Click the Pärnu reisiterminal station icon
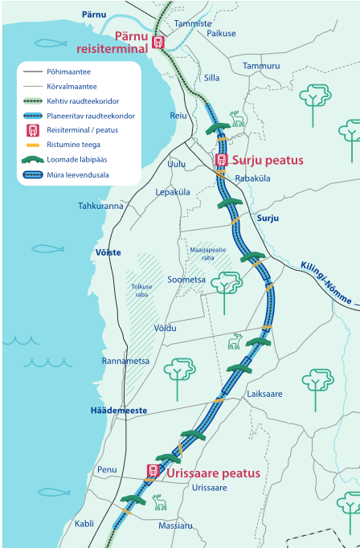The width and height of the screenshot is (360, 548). pyautogui.click(x=158, y=43)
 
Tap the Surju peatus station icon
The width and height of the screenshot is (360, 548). pyautogui.click(x=222, y=160)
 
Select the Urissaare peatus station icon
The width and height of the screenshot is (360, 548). pyautogui.click(x=153, y=471)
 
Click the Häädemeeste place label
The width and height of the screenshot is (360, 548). pyautogui.click(x=119, y=411)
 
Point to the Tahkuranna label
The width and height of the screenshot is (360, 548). pyautogui.click(x=100, y=206)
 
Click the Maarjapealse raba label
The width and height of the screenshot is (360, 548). pyautogui.click(x=208, y=254)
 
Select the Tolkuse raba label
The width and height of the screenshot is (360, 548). pyautogui.click(x=141, y=290)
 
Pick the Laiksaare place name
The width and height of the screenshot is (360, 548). pyautogui.click(x=264, y=394)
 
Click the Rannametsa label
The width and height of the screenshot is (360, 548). pyautogui.click(x=125, y=361)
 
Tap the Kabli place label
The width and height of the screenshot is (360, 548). pyautogui.click(x=84, y=524)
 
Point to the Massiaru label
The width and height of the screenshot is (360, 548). pyautogui.click(x=175, y=526)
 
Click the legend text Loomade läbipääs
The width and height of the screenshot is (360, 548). pyautogui.click(x=77, y=160)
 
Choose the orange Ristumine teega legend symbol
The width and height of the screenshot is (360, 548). pyautogui.click(x=33, y=145)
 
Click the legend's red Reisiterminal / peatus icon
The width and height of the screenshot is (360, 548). pyautogui.click(x=33, y=130)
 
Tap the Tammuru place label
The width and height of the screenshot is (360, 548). pyautogui.click(x=261, y=66)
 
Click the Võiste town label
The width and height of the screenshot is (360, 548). pyautogui.click(x=108, y=252)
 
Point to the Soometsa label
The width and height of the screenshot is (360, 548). pyautogui.click(x=186, y=280)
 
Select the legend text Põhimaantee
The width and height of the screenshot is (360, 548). pyautogui.click(x=68, y=72)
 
